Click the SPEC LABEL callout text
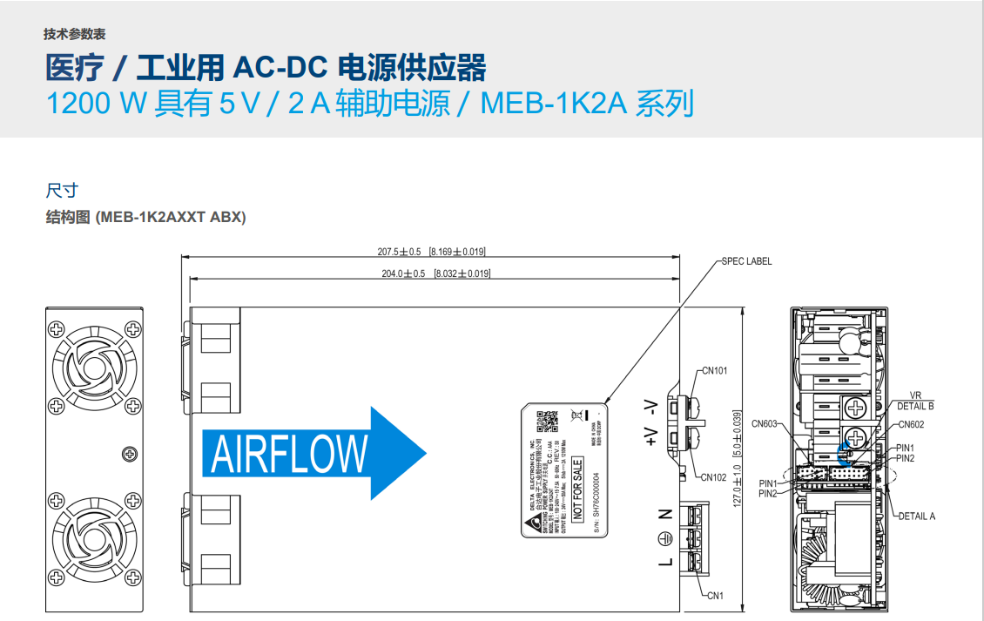point(746,261)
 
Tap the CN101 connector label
point(714,370)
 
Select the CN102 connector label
point(714,477)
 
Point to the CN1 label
point(715,596)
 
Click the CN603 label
point(765,424)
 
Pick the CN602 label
point(911,425)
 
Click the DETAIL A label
point(916,516)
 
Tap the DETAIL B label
point(915,406)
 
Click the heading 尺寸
point(62,190)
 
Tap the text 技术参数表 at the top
point(75,35)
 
